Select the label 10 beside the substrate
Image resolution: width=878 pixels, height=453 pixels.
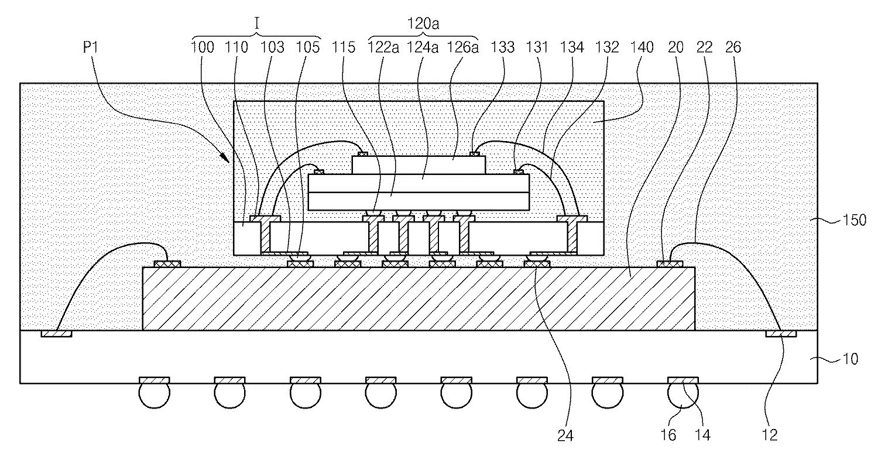(x=849, y=358)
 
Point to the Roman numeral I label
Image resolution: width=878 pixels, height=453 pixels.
(x=256, y=24)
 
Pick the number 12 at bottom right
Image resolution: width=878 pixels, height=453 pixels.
(x=773, y=435)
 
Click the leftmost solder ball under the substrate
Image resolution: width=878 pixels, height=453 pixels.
(x=153, y=395)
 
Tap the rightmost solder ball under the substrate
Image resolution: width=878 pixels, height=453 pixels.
(x=683, y=395)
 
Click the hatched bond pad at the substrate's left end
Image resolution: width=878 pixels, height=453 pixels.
(x=57, y=334)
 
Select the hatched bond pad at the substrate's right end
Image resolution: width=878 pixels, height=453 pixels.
(x=781, y=334)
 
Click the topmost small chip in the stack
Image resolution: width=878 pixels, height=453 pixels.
(x=419, y=164)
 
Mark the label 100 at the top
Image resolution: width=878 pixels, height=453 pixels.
(x=203, y=47)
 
